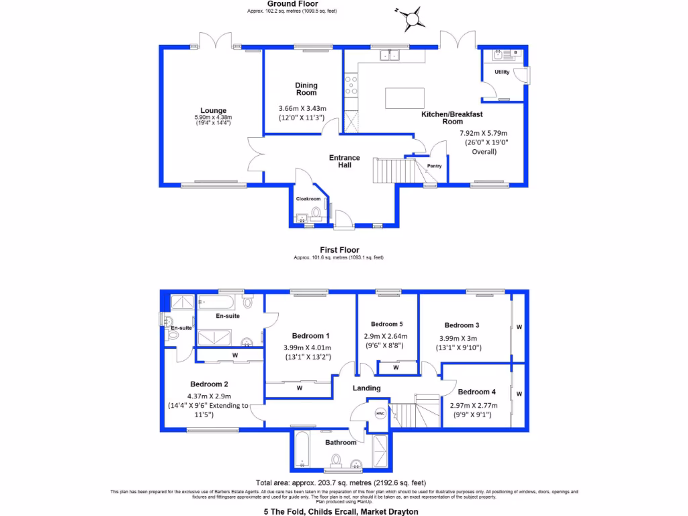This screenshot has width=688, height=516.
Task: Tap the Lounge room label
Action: tap(213, 111)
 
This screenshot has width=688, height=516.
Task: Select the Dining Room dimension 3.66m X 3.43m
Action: tap(302, 109)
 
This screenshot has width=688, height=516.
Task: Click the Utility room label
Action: tap(502, 72)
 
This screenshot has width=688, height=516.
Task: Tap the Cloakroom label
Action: tap(308, 199)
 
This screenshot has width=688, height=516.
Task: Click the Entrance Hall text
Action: tap(345, 161)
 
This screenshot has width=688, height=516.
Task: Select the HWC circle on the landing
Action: tap(379, 413)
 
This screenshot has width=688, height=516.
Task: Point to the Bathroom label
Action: tap(341, 442)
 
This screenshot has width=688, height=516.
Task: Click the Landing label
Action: tap(367, 388)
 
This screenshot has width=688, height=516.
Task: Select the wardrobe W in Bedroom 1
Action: tap(298, 388)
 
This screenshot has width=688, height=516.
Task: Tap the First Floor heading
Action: tap(339, 250)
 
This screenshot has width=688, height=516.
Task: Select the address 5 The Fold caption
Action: tap(341, 511)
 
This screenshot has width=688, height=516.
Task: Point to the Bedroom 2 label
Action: tap(208, 384)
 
